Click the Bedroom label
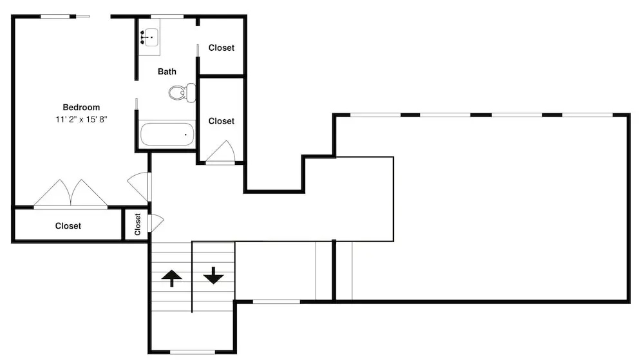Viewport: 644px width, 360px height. (81, 107)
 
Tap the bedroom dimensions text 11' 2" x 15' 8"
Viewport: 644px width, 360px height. (81, 119)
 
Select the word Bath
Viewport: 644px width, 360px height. (167, 71)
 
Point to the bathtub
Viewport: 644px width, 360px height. (167, 134)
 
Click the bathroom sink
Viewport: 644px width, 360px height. (149, 37)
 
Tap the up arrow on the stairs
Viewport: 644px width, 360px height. (172, 278)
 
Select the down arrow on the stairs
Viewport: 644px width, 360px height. (214, 276)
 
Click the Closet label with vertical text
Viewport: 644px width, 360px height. (138, 224)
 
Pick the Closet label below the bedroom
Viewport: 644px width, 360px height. (68, 226)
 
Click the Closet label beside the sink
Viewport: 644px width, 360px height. (222, 48)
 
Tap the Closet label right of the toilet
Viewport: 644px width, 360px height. (222, 121)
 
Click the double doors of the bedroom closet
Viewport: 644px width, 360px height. (71, 193)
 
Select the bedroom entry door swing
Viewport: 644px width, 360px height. (140, 186)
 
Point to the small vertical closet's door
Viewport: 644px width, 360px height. (156, 223)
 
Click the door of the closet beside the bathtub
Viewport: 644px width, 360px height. (220, 151)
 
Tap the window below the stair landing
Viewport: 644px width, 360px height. (192, 352)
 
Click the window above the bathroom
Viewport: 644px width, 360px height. (167, 17)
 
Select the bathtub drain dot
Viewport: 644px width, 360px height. (185, 135)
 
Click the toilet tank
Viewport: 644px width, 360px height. (191, 92)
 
